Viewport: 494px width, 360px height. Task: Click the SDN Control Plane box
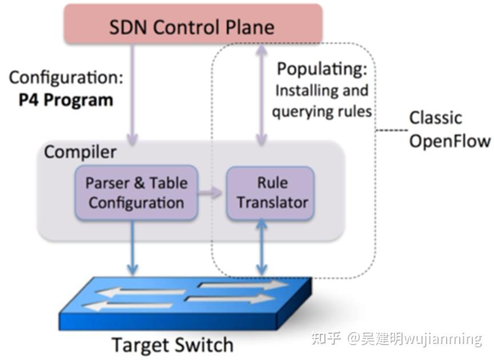[193, 24]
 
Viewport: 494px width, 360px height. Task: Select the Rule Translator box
[270, 193]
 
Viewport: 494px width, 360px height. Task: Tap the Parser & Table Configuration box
[136, 193]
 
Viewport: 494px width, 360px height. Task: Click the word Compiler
[81, 152]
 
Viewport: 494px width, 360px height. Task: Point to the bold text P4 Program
[66, 100]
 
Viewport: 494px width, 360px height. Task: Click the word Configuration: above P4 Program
[66, 78]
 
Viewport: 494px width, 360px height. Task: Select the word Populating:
[322, 69]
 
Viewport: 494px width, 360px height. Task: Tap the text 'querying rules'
[322, 112]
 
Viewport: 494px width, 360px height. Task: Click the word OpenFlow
[450, 141]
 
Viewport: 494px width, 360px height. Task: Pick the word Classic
[435, 118]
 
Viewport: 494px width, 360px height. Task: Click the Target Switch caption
[172, 345]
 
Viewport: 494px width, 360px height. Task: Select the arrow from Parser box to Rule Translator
[210, 192]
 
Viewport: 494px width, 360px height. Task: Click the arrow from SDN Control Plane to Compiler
[132, 94]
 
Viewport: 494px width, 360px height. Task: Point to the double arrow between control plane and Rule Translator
[262, 95]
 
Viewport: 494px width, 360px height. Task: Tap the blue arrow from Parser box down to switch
[132, 248]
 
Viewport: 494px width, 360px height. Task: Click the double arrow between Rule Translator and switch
[262, 248]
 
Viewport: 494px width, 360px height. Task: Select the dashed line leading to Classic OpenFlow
[392, 130]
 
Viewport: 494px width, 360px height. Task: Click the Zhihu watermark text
[396, 338]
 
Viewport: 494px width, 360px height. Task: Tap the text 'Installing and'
[322, 91]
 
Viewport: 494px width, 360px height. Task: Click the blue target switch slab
[185, 304]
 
